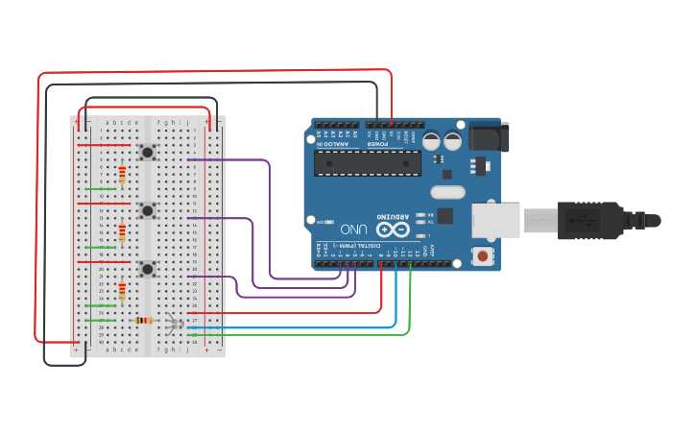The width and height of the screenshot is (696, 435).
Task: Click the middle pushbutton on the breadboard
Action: (x=148, y=209)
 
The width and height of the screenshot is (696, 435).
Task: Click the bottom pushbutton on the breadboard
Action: (x=148, y=269)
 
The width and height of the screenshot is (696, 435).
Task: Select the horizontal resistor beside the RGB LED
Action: (x=144, y=320)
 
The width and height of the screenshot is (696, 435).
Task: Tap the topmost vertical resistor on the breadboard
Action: (x=122, y=174)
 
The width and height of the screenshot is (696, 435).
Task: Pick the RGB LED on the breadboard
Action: (x=173, y=323)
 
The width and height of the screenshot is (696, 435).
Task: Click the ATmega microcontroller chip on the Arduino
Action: (x=369, y=162)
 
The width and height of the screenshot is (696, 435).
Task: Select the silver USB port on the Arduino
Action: (x=494, y=219)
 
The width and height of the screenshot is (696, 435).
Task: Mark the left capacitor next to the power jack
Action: (x=431, y=141)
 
